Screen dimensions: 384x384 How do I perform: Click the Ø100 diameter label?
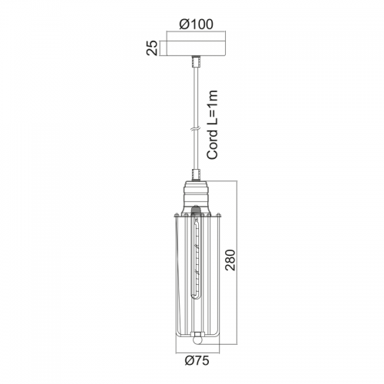pyautogui.click(x=196, y=25)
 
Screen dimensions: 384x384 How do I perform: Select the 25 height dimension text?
pyautogui.click(x=152, y=48)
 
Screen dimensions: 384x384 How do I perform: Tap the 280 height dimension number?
pyautogui.click(x=230, y=260)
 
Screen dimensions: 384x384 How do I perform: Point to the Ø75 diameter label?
pyautogui.click(x=197, y=361)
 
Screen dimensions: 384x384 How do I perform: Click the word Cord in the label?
pyautogui.click(x=212, y=144)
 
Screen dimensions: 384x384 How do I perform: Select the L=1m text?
pyautogui.click(x=212, y=108)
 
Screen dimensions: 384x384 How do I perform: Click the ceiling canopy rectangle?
pyautogui.click(x=196, y=48)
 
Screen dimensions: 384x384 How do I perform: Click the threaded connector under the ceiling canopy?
pyautogui.click(x=196, y=61)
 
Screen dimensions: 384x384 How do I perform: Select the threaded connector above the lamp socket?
pyautogui.click(x=196, y=175)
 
